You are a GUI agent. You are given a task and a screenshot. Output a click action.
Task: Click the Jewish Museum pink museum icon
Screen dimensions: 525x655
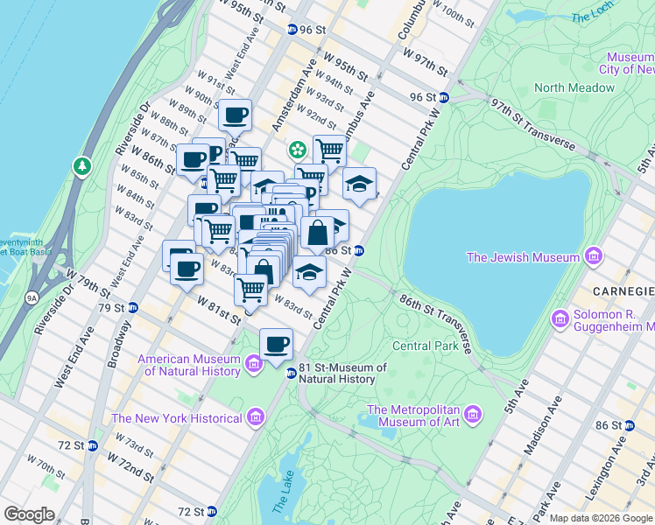coord(594,256)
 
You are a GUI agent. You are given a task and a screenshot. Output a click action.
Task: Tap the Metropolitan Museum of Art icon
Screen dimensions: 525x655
coord(473,413)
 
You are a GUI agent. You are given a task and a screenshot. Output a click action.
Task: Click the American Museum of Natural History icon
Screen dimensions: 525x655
coord(254,362)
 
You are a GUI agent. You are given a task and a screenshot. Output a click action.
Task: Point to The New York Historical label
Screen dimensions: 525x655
coord(176,418)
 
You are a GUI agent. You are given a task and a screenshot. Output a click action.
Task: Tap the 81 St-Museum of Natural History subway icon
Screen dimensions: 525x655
coord(292,374)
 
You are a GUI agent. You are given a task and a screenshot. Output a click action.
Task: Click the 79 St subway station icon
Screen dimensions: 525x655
coord(132,308)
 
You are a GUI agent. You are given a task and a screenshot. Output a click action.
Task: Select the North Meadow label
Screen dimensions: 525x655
coord(574,87)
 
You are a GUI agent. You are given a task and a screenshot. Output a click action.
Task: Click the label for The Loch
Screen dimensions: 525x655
coord(592,17)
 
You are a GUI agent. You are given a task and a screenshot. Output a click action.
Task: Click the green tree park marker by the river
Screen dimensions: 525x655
coord(81,164)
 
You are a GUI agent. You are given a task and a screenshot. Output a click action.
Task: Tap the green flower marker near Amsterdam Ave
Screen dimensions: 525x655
coord(298,150)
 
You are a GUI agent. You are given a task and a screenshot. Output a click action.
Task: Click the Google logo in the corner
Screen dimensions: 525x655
coord(30,514)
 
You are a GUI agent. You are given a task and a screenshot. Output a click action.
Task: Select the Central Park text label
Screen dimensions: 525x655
coord(426,346)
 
